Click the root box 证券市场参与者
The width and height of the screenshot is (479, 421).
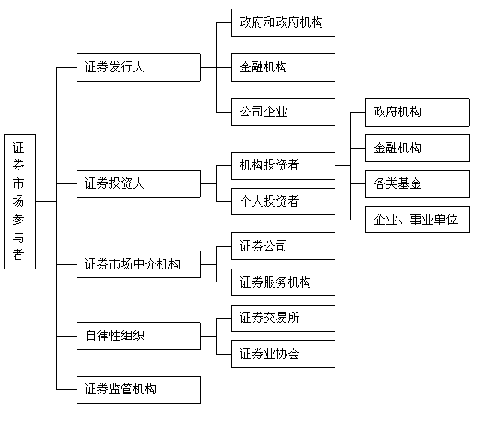point(20,201)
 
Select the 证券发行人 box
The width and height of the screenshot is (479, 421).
point(138,67)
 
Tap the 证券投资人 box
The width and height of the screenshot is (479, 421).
point(138,184)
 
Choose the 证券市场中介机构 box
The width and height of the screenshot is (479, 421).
point(138,264)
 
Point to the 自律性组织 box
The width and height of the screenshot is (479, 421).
point(138,336)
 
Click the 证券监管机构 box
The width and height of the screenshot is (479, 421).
point(138,390)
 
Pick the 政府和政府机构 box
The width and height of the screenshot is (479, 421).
point(283,23)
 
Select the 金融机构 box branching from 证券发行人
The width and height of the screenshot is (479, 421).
point(283,67)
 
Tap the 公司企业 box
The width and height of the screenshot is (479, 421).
point(283,112)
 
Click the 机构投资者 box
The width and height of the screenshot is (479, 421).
point(283,166)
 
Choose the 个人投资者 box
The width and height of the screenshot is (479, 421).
point(283,201)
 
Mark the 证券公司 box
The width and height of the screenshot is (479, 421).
point(283,246)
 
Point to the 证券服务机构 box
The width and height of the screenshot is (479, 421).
point(283,282)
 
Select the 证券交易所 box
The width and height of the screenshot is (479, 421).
point(283,319)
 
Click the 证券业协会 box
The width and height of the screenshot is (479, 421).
point(283,354)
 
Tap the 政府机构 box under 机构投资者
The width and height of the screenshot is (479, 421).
point(417,112)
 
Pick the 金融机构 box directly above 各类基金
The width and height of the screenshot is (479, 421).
point(417,148)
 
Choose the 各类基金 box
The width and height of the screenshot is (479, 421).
point(417,184)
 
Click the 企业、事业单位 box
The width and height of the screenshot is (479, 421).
point(417,220)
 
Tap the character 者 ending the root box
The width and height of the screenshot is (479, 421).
point(18,254)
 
